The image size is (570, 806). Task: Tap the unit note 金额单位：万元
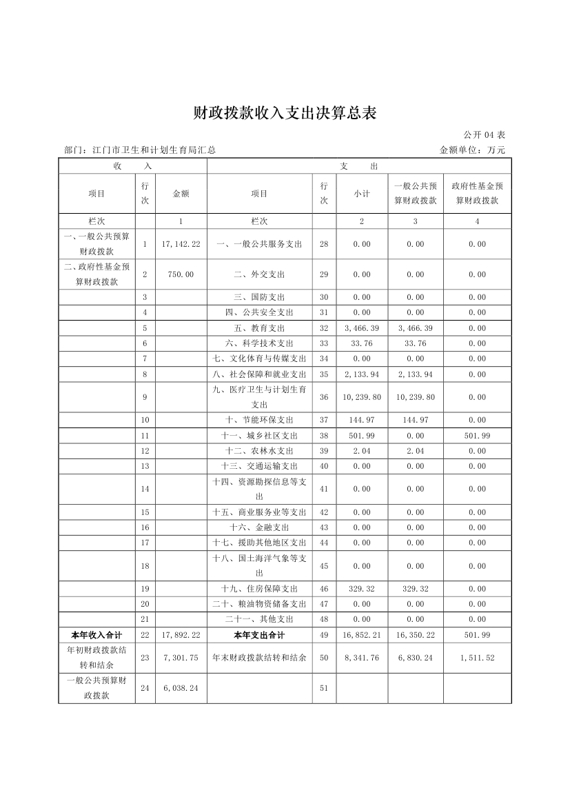(472, 150)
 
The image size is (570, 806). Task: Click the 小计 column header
(362, 194)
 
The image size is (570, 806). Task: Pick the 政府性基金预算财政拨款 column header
(477, 194)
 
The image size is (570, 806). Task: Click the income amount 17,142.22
(181, 244)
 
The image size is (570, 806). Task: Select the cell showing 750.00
(181, 274)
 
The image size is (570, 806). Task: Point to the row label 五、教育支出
(259, 328)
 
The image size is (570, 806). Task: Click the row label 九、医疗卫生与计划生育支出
(259, 397)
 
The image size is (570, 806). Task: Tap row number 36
(324, 397)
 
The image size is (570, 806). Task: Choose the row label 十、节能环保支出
(259, 420)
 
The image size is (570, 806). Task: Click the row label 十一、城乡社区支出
(259, 436)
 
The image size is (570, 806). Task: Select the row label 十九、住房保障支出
(259, 589)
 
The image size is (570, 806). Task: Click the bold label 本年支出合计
(259, 635)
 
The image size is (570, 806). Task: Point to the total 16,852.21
(362, 635)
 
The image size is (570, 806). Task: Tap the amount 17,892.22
(181, 635)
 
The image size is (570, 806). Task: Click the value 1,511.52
(477, 658)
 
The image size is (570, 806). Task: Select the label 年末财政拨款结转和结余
(259, 658)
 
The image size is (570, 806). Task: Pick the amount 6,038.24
(181, 688)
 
